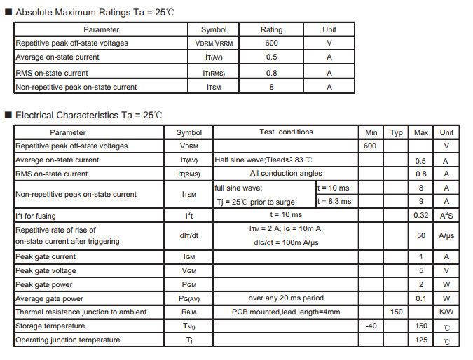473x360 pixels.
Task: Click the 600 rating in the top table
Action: (x=271, y=43)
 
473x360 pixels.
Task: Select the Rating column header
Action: (x=271, y=29)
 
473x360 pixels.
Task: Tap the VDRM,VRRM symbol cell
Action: (x=214, y=43)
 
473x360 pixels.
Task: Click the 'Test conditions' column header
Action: (x=286, y=132)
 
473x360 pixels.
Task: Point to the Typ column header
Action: (x=396, y=132)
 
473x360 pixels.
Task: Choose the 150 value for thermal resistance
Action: (x=396, y=312)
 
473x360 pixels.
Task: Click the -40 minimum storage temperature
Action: (x=371, y=326)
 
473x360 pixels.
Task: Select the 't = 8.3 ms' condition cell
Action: (x=334, y=201)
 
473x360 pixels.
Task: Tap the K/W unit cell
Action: (x=446, y=312)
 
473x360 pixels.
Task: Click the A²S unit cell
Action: (x=446, y=215)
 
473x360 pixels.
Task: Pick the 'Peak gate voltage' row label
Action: (x=46, y=270)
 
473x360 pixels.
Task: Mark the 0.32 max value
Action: (x=421, y=215)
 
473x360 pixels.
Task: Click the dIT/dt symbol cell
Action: (x=189, y=235)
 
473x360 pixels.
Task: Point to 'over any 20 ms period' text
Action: (x=286, y=298)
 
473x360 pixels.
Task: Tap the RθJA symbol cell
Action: (x=189, y=312)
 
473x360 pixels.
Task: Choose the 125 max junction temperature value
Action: (x=421, y=340)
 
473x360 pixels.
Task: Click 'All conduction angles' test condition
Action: (x=286, y=173)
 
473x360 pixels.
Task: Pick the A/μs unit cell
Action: (x=446, y=235)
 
